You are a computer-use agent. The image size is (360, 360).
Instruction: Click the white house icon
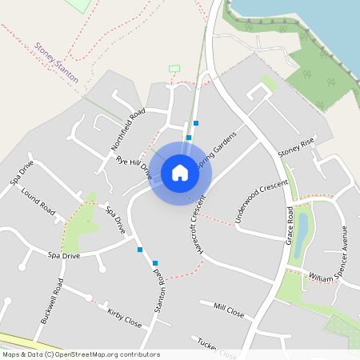point(180,172)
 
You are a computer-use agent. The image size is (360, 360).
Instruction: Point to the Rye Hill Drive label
point(134,166)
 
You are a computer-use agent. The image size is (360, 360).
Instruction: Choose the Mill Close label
point(229,309)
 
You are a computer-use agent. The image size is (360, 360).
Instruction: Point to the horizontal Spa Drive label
point(64,256)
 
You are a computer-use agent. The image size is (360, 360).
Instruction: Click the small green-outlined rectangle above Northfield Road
point(175,69)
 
